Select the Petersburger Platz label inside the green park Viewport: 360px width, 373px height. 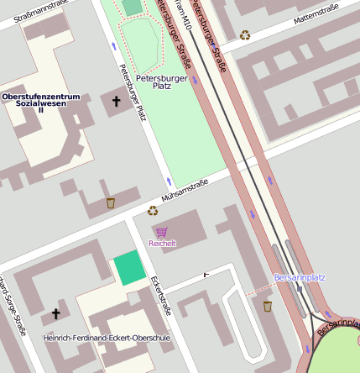[x=161, y=81]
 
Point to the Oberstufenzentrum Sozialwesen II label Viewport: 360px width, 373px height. [x=40, y=102]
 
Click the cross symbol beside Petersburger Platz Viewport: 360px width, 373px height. [x=116, y=102]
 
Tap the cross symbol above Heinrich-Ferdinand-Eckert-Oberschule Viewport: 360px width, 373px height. [x=56, y=314]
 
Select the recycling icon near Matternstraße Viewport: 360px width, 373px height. [x=245, y=34]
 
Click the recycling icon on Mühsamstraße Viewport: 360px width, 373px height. [x=153, y=211]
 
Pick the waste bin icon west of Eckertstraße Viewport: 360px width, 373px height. [x=110, y=202]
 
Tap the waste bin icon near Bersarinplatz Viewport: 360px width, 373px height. [x=268, y=306]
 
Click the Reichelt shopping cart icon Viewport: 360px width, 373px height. [x=161, y=231]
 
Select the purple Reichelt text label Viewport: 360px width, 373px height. [x=162, y=244]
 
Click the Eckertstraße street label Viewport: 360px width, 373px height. [x=160, y=294]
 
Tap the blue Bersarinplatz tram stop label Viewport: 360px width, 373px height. [x=300, y=276]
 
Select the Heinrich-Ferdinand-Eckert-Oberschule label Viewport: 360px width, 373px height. [x=106, y=338]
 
